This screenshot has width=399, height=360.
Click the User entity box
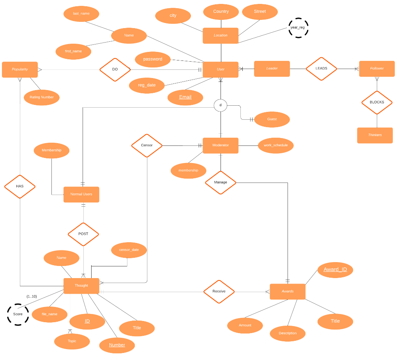point(221,69)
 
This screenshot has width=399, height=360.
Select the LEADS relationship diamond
point(321,69)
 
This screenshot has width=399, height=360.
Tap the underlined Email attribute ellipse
point(185,97)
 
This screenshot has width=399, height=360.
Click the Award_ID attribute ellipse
point(335,270)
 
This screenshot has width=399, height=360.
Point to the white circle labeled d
point(221,105)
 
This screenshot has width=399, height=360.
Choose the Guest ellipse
point(272,119)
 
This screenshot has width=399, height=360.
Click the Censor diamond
point(147,145)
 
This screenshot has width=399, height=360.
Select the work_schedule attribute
point(275,145)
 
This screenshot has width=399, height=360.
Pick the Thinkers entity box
point(375,135)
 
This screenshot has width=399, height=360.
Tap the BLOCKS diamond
point(377,102)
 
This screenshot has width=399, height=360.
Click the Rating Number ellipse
point(42,98)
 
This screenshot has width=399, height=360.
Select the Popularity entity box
point(20,69)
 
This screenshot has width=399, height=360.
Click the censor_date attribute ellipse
point(129,250)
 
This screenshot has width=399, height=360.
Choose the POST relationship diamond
point(83,234)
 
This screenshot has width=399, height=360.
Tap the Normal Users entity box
point(81,194)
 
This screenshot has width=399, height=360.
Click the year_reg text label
point(297,28)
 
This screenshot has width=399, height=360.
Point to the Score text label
point(18,314)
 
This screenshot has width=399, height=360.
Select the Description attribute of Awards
point(288,333)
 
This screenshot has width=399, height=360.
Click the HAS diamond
point(20,186)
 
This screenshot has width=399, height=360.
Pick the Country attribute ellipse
point(221,12)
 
